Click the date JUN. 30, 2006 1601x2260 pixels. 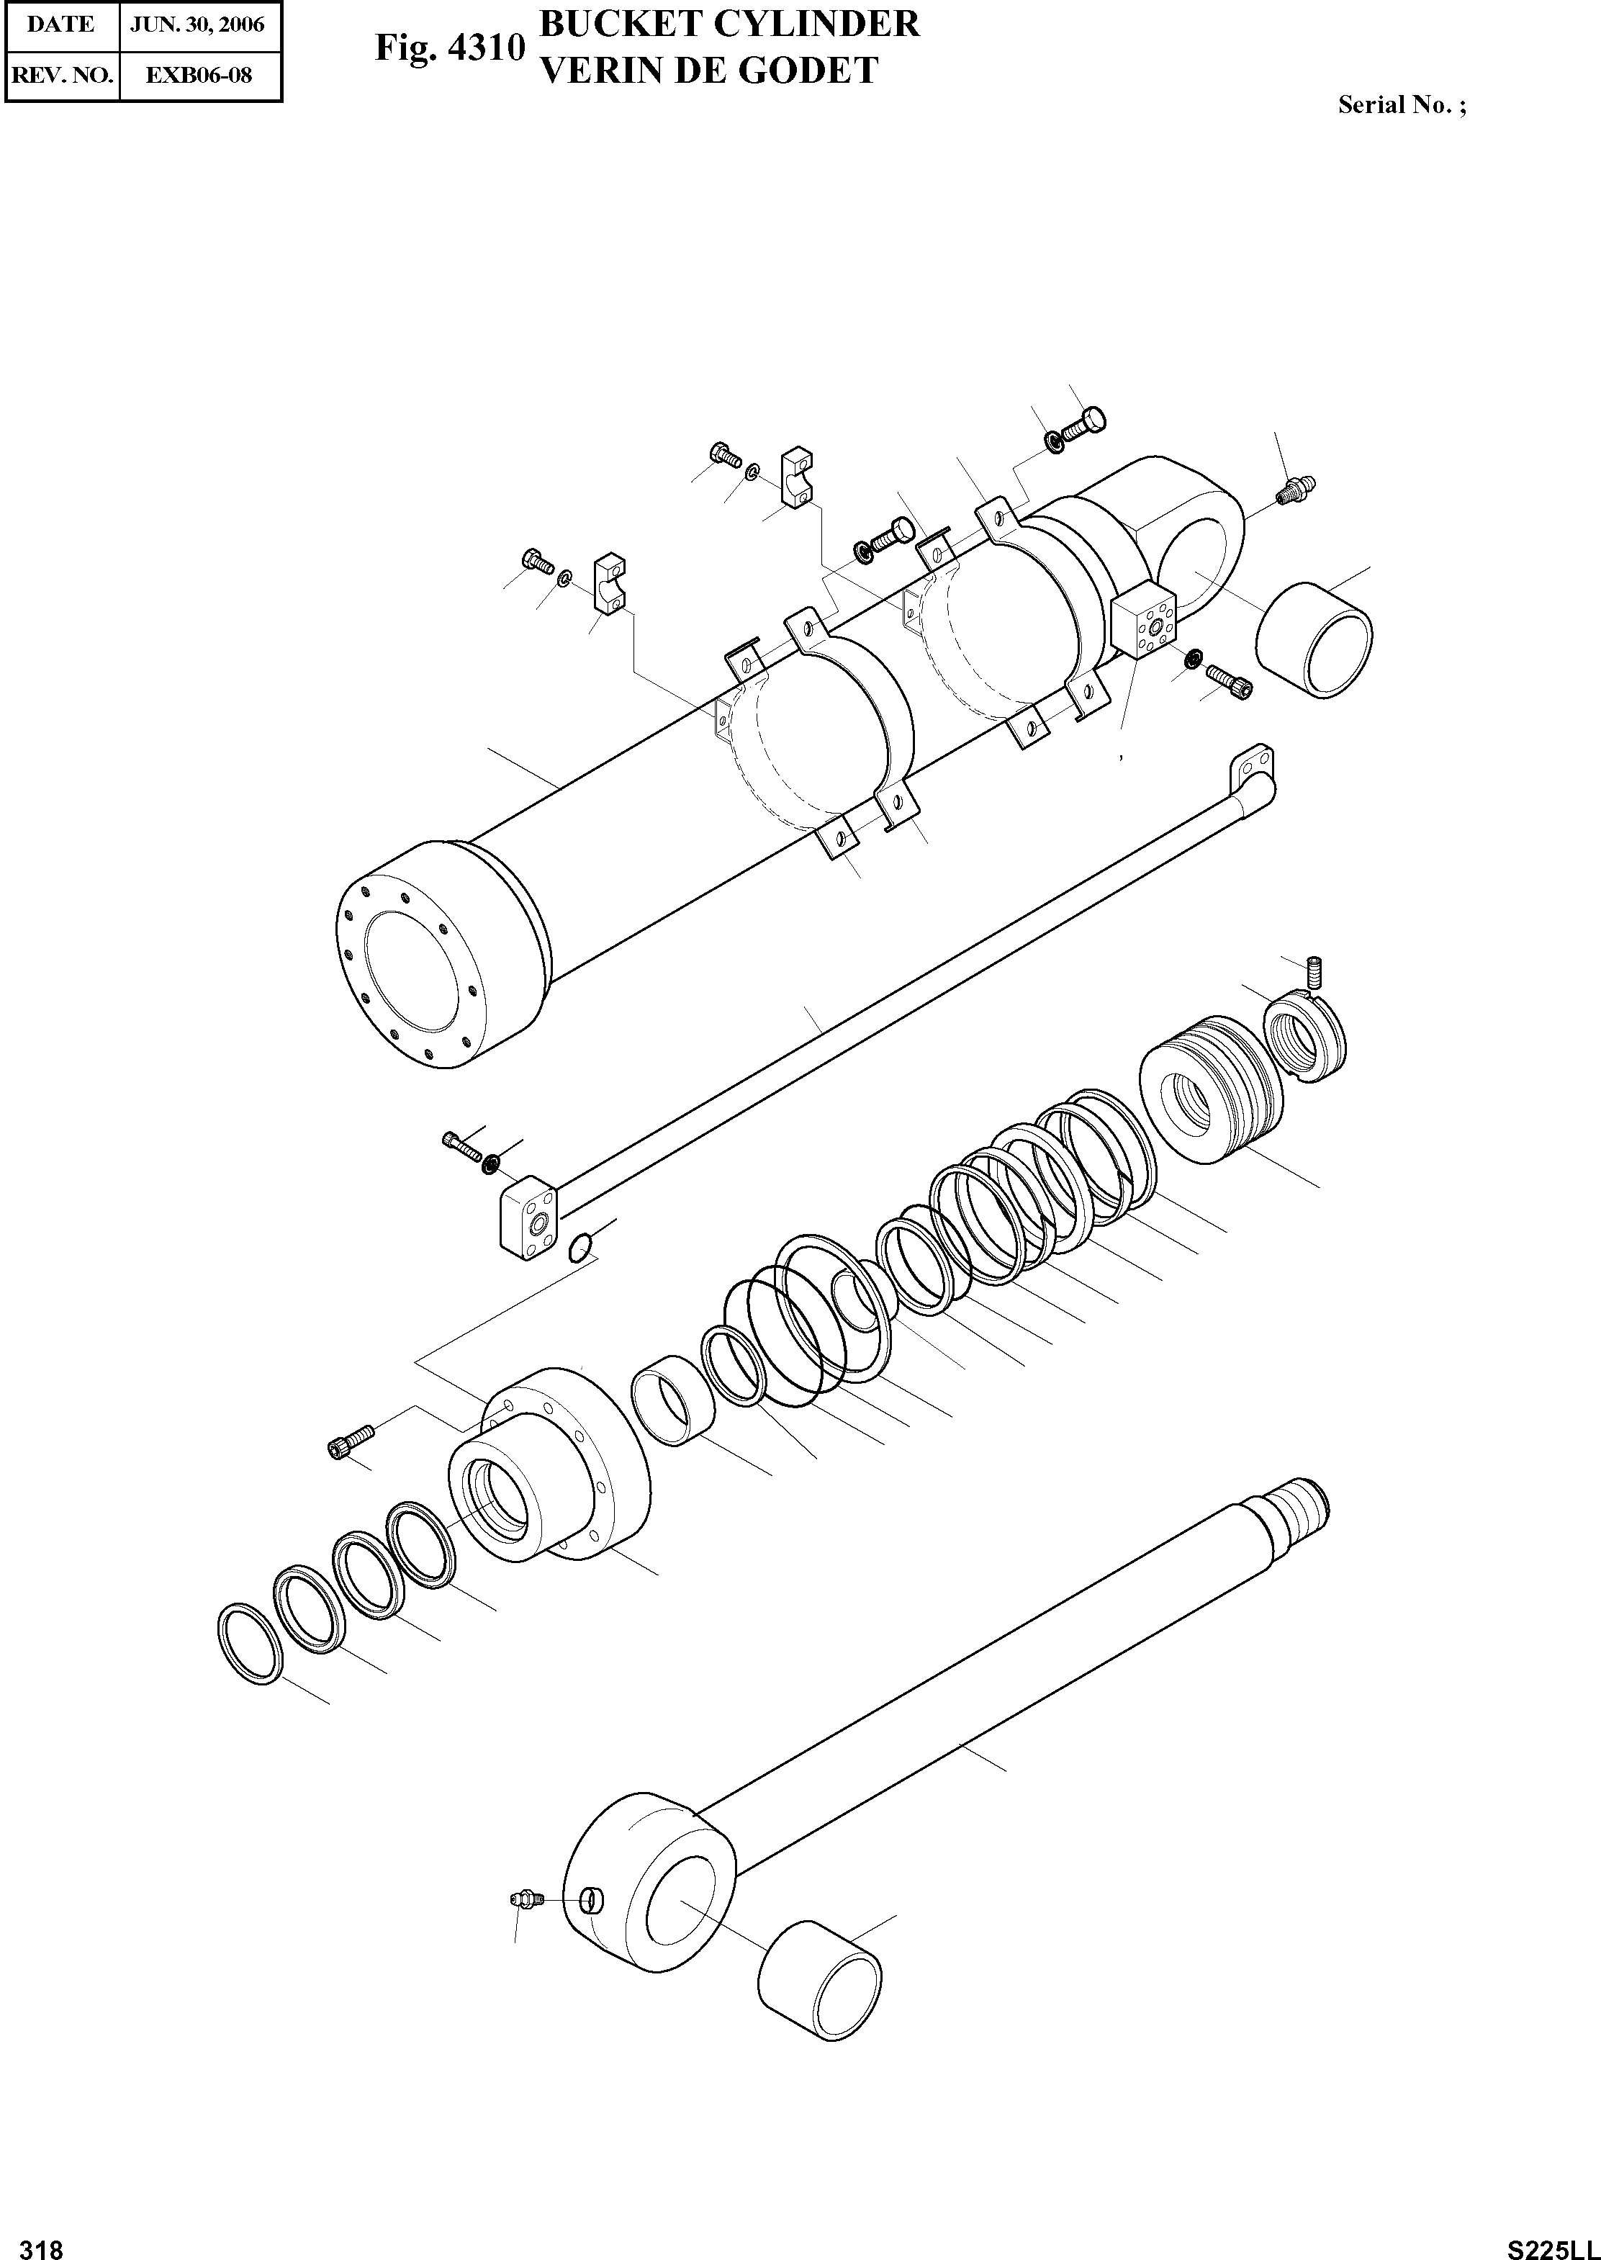point(200,24)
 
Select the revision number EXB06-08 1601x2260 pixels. point(200,75)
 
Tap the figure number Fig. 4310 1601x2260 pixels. point(448,48)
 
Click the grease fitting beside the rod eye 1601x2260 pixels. point(526,1899)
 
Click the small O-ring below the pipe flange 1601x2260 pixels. point(581,1248)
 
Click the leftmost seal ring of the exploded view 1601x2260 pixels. point(251,1641)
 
